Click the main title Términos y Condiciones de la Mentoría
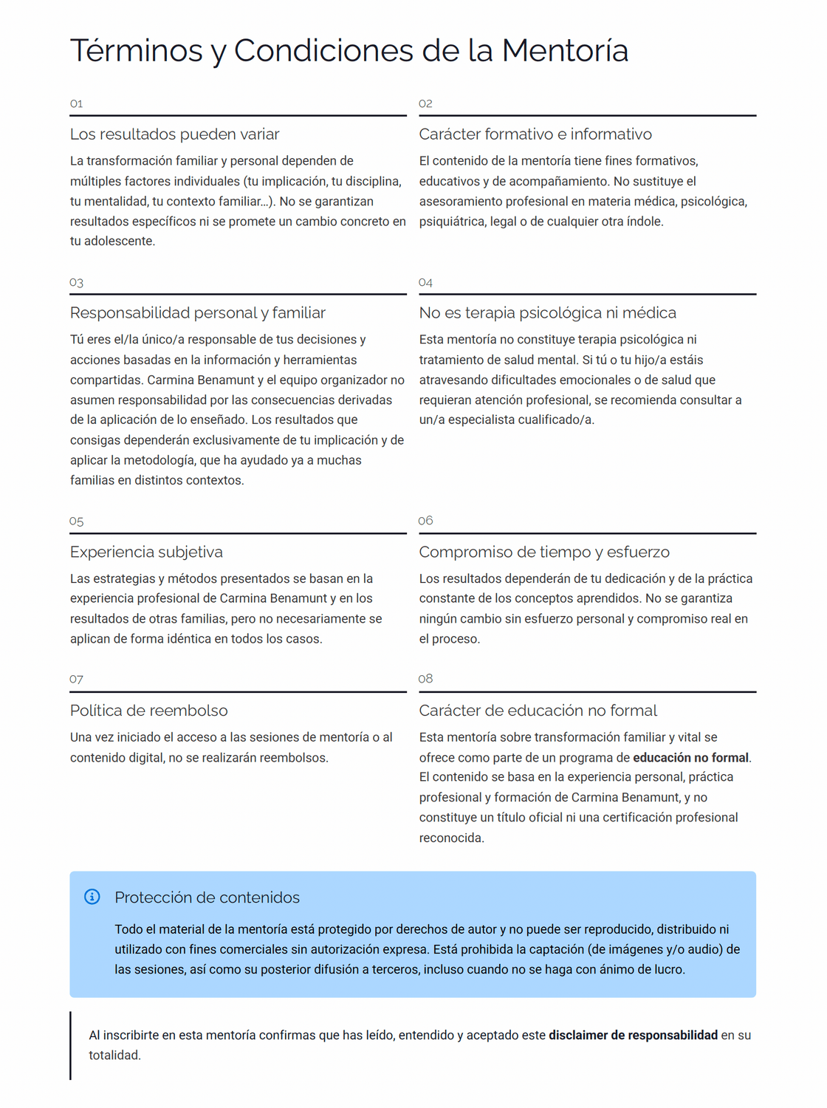tap(349, 51)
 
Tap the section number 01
tap(76, 104)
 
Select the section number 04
tap(425, 283)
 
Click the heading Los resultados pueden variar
tap(174, 134)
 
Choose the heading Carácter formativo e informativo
tap(535, 134)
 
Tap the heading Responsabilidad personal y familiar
tap(197, 313)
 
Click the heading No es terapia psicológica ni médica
tap(547, 313)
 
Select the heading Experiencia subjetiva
tap(146, 553)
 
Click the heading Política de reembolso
tap(148, 711)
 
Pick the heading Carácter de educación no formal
tap(538, 711)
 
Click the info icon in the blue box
tap(92, 897)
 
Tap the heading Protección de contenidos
tap(207, 897)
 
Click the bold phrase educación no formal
tap(690, 758)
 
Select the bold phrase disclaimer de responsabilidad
tap(633, 1036)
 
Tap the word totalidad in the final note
tap(114, 1056)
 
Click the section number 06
tap(425, 521)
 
